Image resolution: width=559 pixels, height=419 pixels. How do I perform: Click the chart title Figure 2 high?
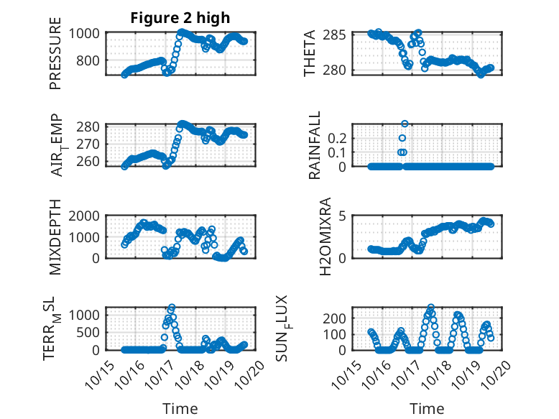(x=180, y=18)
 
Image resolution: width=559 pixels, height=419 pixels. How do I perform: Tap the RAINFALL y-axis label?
(x=315, y=146)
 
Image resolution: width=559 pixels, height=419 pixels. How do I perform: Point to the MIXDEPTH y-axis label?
(x=56, y=237)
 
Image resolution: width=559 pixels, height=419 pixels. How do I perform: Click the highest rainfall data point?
(x=405, y=124)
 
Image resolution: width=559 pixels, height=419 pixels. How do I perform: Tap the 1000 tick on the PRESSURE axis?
(x=87, y=33)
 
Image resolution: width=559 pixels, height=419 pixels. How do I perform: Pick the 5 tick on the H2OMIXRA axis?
(x=344, y=216)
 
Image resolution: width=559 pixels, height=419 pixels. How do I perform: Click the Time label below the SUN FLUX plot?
(x=427, y=409)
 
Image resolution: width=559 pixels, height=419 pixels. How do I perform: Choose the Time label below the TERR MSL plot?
(x=180, y=409)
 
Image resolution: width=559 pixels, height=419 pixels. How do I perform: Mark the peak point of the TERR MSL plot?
(x=172, y=308)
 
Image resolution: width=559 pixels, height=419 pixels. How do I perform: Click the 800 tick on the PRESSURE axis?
(x=91, y=60)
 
